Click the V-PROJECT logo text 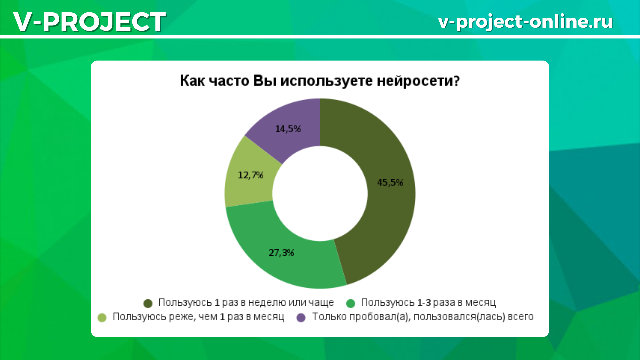point(89,22)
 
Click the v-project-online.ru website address point(525,22)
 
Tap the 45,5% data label point(390,182)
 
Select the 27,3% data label point(281,253)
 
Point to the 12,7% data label point(250,175)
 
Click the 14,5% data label point(288,129)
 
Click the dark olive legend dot point(148,303)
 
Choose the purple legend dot point(301,318)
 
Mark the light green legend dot point(102,318)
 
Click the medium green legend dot point(351,303)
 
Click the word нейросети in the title point(418,81)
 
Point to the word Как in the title point(192,81)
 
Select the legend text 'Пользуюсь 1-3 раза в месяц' point(428,303)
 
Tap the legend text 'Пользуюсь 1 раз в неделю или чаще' point(246,303)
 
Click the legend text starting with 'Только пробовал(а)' point(423,317)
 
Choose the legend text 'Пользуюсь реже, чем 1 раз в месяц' point(198,317)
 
